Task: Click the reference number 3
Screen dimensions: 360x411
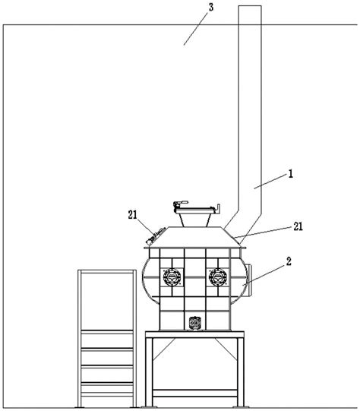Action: [x=211, y=8]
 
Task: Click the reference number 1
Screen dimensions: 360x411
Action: [x=291, y=174]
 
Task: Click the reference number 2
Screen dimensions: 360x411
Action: [x=289, y=261]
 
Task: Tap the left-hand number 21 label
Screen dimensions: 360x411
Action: [x=133, y=215]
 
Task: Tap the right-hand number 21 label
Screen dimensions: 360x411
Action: [x=298, y=226]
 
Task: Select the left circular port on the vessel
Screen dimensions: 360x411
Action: [x=172, y=277]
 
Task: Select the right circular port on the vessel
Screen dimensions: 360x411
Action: [x=218, y=277]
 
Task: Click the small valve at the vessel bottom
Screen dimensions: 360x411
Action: [x=195, y=324]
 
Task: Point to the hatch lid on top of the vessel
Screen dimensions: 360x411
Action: [x=195, y=210]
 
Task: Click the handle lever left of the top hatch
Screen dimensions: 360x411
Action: [x=181, y=203]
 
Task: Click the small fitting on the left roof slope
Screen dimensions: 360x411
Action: [x=156, y=236]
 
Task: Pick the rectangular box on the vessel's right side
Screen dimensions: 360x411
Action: [x=249, y=280]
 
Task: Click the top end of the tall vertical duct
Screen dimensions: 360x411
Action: [x=250, y=6]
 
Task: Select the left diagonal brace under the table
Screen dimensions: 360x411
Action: [x=164, y=349]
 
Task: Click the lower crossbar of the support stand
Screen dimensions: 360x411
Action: [x=195, y=394]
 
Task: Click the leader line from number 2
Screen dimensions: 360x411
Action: [x=264, y=275]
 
